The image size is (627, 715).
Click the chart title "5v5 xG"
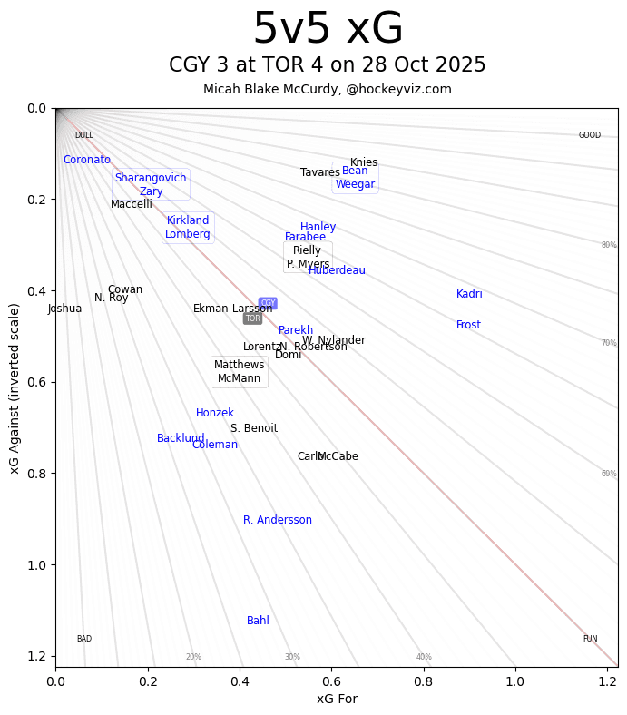328,30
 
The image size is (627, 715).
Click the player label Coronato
87,160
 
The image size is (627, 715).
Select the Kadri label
469,294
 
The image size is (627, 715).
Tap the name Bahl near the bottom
258,621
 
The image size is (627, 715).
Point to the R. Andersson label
278,520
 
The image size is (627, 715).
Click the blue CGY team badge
268,303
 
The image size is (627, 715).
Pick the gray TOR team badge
252,318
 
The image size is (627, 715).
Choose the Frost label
468,325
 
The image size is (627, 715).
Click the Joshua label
65,309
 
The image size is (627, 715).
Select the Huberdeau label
337,270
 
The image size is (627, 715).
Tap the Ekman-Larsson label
233,309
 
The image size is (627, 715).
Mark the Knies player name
364,162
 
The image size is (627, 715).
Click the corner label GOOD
590,135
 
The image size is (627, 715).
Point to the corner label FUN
590,639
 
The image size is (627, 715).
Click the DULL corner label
84,135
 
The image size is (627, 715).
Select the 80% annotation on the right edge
609,245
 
